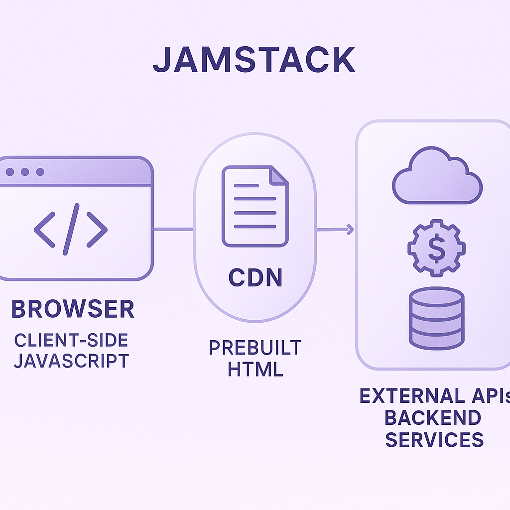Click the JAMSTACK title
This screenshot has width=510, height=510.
point(254,60)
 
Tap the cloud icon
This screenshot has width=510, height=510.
point(437,177)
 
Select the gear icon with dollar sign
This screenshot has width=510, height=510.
point(436,248)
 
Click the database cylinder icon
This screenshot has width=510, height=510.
point(436,318)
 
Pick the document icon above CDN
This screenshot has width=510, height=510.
point(255,206)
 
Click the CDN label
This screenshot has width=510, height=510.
point(255,278)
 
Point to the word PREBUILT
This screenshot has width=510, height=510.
point(255,348)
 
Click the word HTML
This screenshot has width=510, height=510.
point(255,369)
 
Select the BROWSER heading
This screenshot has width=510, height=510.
point(73,309)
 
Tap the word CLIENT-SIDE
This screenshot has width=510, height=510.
point(71,340)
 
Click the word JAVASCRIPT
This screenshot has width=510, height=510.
point(71,361)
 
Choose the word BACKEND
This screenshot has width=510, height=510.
point(433,418)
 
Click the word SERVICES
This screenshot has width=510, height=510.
point(434,440)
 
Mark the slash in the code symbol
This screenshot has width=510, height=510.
point(71,229)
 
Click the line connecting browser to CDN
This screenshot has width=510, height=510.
point(173,229)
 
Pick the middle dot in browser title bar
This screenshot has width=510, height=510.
point(25,172)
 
